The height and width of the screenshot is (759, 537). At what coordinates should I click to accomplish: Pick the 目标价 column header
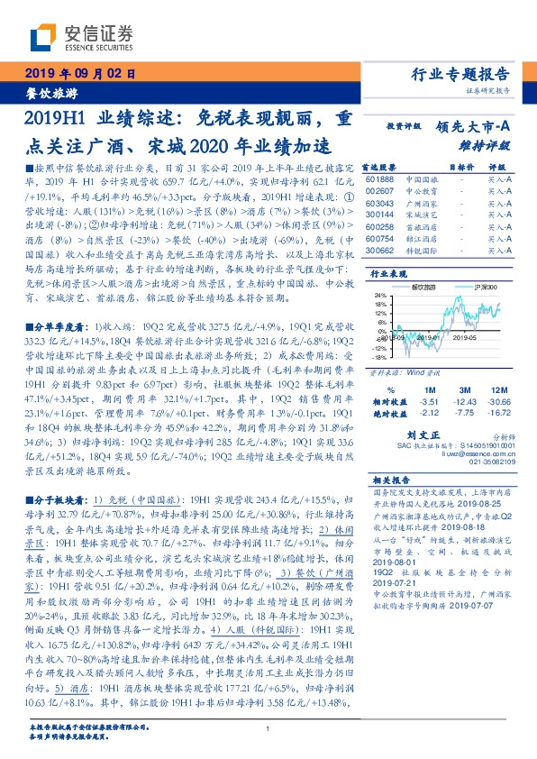(x=460, y=167)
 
